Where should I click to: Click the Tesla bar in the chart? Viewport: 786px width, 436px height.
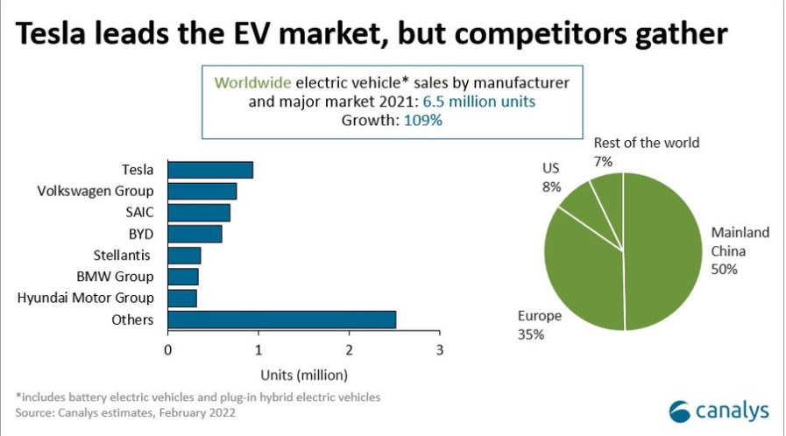[210, 170]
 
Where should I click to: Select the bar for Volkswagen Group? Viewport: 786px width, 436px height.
[202, 191]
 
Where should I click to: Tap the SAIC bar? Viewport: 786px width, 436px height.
[199, 213]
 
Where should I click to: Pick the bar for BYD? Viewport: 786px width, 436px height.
[195, 234]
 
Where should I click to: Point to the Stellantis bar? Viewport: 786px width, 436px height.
[184, 256]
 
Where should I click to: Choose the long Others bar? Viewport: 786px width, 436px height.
[281, 320]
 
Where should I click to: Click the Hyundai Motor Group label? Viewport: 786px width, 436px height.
[86, 299]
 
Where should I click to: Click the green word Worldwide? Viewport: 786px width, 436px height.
[253, 82]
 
